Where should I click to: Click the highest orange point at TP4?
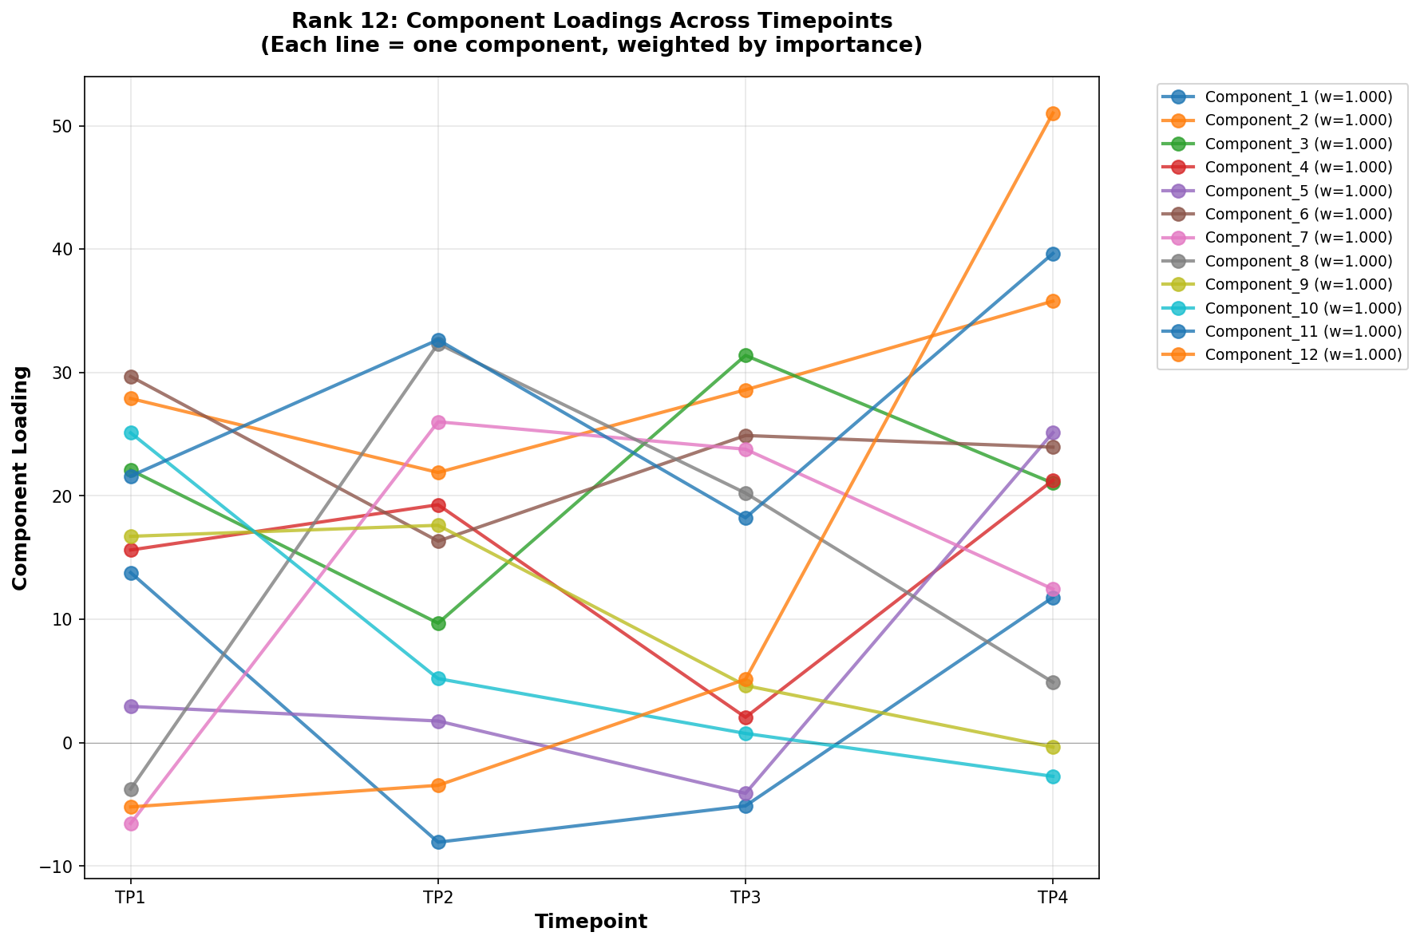pyautogui.click(x=1052, y=113)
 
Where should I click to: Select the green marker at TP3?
pyautogui.click(x=745, y=355)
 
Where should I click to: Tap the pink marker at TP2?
pyautogui.click(x=438, y=422)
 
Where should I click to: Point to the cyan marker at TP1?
pyautogui.click(x=131, y=433)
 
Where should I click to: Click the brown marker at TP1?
pyautogui.click(x=131, y=377)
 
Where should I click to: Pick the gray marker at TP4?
pyautogui.click(x=1052, y=682)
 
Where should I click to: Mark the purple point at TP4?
pyautogui.click(x=1052, y=433)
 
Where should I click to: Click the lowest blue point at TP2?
pyautogui.click(x=438, y=842)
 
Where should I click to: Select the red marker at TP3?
pyautogui.click(x=745, y=717)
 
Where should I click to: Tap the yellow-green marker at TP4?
pyautogui.click(x=1052, y=747)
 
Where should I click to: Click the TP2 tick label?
pyautogui.click(x=438, y=898)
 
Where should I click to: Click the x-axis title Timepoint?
pyautogui.click(x=591, y=922)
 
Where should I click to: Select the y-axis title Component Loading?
pyautogui.click(x=21, y=477)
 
